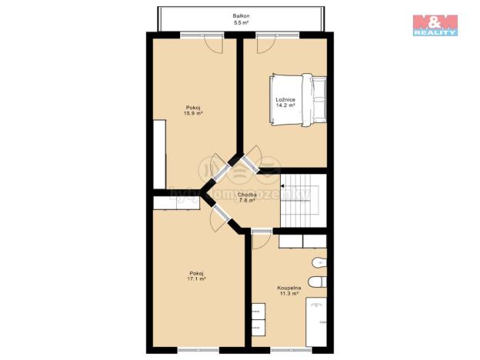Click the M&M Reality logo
point(435,25)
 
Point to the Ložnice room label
point(284,100)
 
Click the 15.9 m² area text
point(192,113)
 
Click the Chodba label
point(247,195)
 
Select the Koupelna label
point(288,288)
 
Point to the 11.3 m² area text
point(288,295)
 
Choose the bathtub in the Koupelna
point(316,321)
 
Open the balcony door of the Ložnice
point(264,43)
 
